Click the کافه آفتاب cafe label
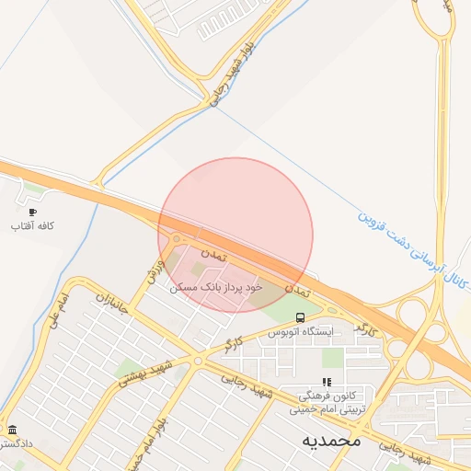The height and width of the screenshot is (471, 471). click(33, 225)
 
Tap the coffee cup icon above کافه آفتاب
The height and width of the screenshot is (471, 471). click(33, 212)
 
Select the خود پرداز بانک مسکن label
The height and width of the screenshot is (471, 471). click(217, 287)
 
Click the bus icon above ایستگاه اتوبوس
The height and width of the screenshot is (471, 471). click(300, 317)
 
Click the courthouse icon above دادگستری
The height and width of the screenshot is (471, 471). click(12, 430)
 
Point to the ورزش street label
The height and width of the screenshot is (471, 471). click(154, 270)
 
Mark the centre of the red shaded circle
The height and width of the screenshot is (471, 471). click(235, 235)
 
